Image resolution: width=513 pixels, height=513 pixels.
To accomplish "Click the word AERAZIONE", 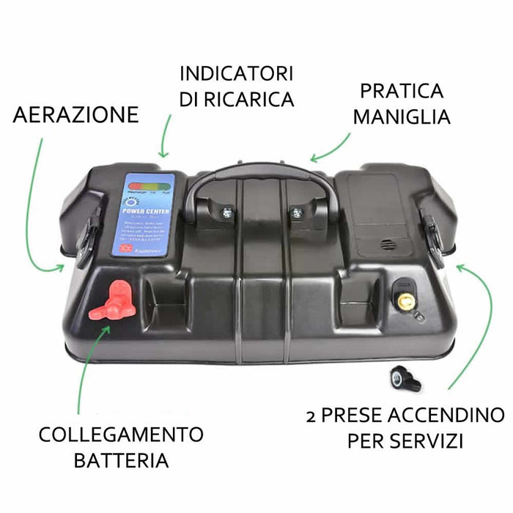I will pos(75,114).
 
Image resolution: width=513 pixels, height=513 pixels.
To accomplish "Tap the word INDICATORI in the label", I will pos(236,74).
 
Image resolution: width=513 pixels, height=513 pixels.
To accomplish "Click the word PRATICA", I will pos(402,92).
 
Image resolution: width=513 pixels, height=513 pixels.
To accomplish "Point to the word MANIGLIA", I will pos(401,117).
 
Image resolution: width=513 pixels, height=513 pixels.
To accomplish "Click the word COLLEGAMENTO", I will pos(122,435).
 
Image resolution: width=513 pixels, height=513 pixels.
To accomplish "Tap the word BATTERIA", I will pos(122,461).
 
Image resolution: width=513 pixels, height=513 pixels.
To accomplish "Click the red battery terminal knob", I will pos(108,301).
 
